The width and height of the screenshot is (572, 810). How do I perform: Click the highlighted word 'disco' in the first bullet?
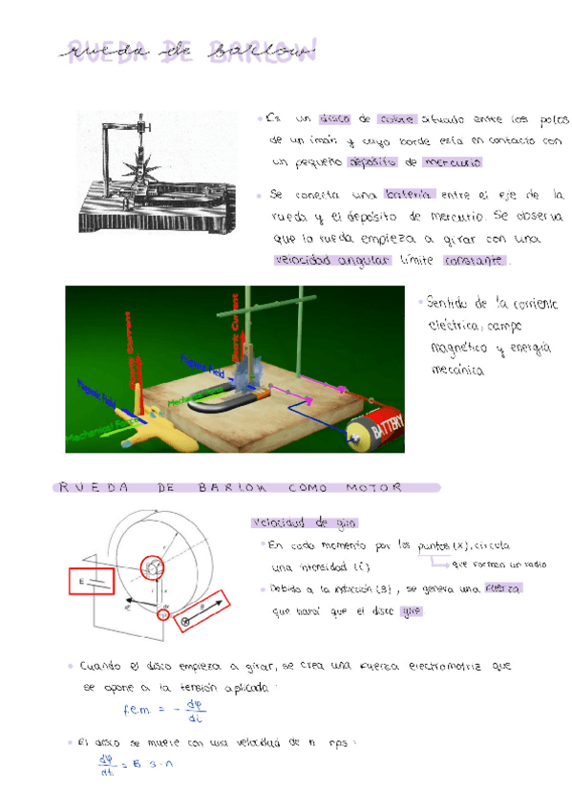(x=335, y=120)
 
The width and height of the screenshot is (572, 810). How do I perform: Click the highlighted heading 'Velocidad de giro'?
(x=291, y=523)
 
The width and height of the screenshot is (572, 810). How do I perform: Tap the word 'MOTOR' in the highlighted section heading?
(x=379, y=487)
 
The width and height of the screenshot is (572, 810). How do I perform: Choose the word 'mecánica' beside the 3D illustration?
(x=458, y=370)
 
